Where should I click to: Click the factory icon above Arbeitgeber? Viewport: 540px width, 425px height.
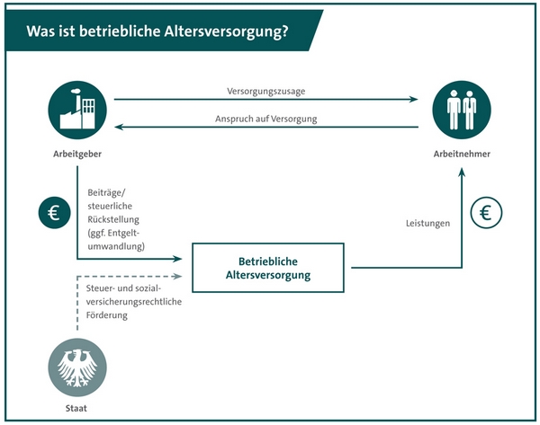coord(77,110)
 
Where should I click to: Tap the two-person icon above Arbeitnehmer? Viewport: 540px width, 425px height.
coord(462,110)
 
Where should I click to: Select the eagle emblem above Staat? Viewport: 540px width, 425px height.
coord(77,367)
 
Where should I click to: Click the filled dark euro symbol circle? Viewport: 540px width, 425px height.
coord(54,212)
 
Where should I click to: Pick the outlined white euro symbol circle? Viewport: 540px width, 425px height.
coord(486,212)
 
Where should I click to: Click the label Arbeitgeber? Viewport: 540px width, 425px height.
coord(77,154)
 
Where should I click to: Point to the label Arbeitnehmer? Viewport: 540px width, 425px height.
coord(462,154)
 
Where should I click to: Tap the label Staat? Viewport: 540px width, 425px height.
coord(76,409)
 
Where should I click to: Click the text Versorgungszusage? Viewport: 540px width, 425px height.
coord(265,92)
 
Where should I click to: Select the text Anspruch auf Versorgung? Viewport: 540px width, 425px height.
coord(265,119)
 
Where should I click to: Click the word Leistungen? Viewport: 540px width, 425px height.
coord(427,224)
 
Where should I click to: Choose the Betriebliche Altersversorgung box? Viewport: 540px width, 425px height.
coord(268,268)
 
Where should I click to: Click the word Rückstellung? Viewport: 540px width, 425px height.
coord(113,219)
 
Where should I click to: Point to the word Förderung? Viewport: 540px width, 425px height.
coord(107,315)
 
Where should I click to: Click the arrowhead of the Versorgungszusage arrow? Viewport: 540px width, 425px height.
coord(414,100)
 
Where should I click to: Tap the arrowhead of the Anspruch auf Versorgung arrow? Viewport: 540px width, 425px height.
coord(119,127)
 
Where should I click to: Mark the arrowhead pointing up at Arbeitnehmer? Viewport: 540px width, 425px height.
coord(462,172)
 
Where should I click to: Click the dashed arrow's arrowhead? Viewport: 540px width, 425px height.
coord(177,276)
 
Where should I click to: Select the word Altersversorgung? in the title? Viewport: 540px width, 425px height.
coord(226,31)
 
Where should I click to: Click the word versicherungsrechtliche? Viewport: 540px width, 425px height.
coord(133,302)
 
